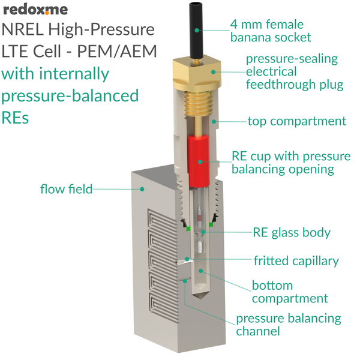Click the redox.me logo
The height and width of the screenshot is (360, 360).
tap(35, 10)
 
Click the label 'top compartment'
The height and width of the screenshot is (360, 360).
tap(296, 121)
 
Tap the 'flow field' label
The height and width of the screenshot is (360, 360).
tap(66, 189)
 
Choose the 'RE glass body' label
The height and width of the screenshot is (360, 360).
tap(292, 232)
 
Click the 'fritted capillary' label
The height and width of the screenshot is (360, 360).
tap(296, 261)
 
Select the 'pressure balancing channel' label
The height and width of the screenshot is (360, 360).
tap(288, 325)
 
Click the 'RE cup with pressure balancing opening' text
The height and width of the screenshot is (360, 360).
tap(290, 163)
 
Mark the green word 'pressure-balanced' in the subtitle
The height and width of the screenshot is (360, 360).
tap(70, 96)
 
